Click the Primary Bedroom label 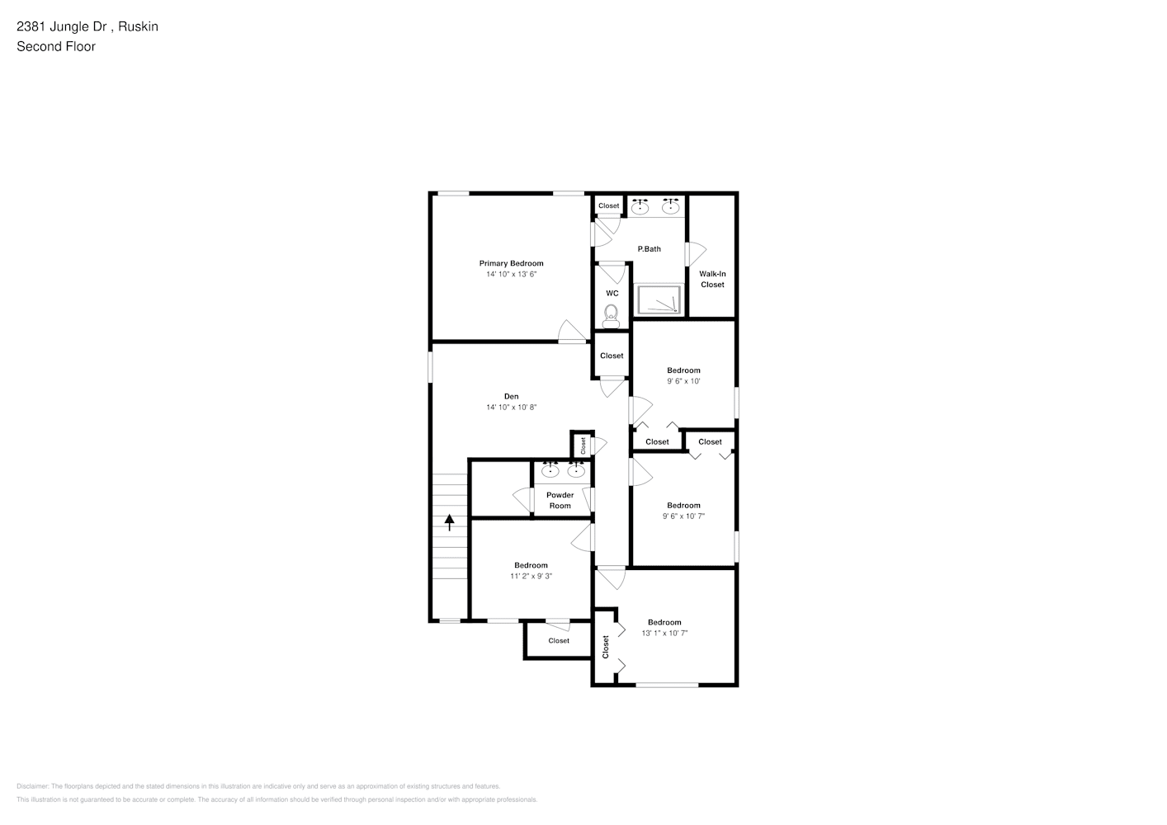click(x=511, y=263)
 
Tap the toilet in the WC click(x=612, y=314)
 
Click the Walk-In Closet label click(x=712, y=279)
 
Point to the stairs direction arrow click(x=450, y=522)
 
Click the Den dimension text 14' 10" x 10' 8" click(x=511, y=407)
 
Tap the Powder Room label click(x=560, y=500)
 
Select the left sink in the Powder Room click(x=550, y=472)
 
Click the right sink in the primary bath click(x=670, y=207)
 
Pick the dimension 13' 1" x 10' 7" click(x=664, y=633)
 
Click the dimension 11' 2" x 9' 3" click(x=531, y=576)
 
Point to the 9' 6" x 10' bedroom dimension click(x=683, y=381)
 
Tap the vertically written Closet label click(x=606, y=646)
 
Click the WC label click(x=612, y=293)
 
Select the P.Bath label click(x=649, y=249)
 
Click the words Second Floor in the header click(x=56, y=46)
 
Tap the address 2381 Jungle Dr click(x=63, y=26)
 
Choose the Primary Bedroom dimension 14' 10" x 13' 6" click(x=511, y=274)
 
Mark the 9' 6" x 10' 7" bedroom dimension click(x=683, y=516)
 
